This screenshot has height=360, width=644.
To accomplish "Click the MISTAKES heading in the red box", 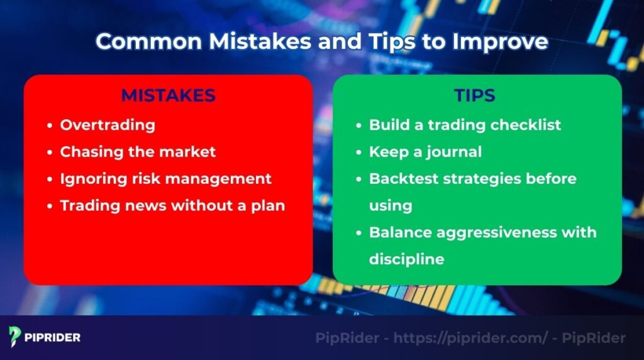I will point(168,96).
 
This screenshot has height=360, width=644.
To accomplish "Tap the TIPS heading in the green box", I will point(475,96).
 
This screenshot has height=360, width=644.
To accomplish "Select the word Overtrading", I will point(107,125).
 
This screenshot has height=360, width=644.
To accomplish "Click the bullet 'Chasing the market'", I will point(138,152).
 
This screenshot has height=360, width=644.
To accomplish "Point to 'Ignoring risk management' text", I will point(165,179).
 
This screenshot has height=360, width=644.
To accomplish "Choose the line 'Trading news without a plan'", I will point(172,206).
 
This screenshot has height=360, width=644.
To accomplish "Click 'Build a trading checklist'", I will point(465,125).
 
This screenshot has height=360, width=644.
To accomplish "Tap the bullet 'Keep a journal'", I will point(425,152).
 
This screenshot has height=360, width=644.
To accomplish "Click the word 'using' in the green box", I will point(391,206).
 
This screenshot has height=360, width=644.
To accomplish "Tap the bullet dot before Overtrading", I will point(50,125).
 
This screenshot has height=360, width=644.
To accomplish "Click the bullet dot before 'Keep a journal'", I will point(360,152).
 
